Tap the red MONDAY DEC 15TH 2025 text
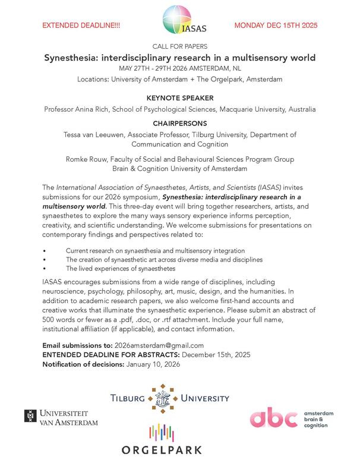(x=276, y=26)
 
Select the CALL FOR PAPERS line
(x=179, y=46)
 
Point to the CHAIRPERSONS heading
(x=179, y=123)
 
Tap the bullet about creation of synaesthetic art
(x=164, y=260)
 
